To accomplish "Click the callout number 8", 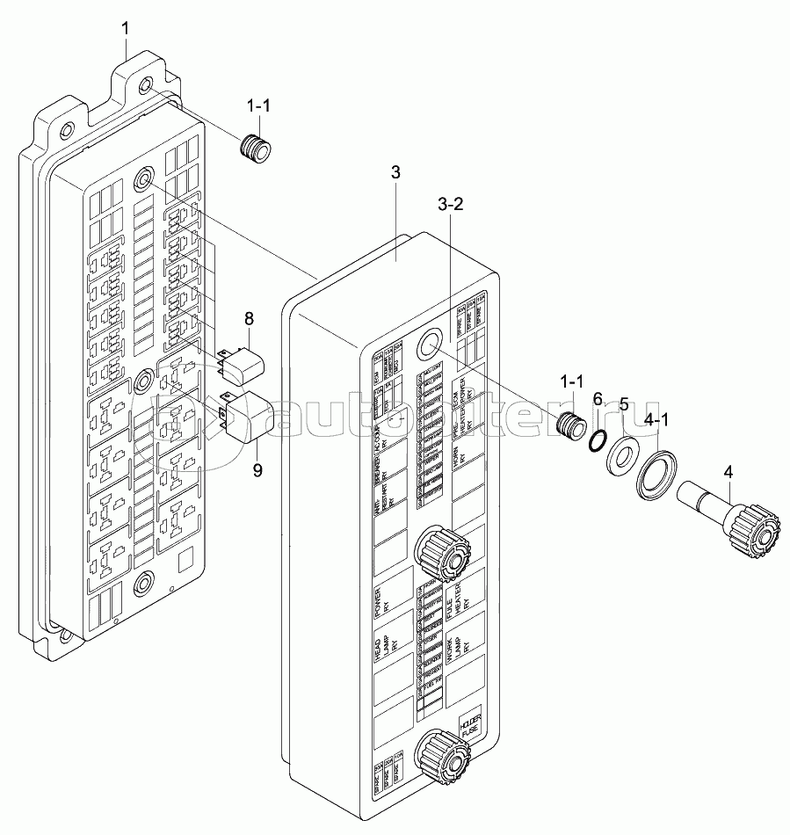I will coord(249,317).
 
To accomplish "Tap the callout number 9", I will coord(257,470).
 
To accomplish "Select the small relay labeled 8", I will coord(240,361).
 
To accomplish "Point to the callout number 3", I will coord(395,172).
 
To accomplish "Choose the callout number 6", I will coord(598,399).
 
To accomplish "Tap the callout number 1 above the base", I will coord(126,29).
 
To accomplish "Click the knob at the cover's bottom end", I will coord(443,759).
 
